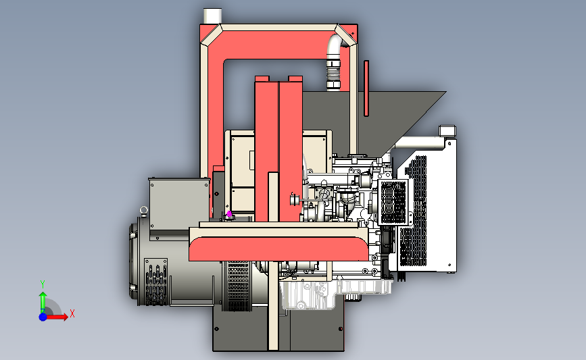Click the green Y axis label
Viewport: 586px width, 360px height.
[43, 284]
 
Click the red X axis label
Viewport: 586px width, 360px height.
[72, 313]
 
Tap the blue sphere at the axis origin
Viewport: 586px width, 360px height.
[43, 317]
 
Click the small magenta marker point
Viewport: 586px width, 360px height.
[229, 214]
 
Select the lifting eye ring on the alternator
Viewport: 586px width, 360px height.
[144, 210]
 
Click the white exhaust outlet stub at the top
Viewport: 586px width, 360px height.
[212, 16]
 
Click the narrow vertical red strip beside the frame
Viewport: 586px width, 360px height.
[366, 88]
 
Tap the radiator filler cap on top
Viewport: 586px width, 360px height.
[447, 131]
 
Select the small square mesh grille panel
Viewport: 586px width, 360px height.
[393, 202]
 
